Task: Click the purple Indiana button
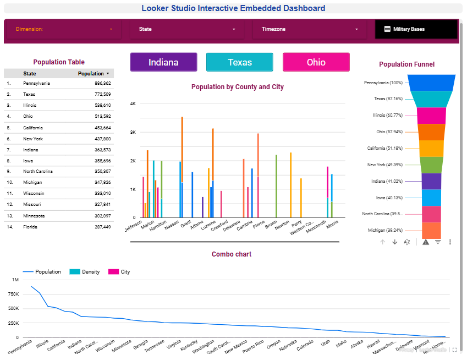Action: (163, 62)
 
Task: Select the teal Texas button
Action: (239, 62)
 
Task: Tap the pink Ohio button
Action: (316, 62)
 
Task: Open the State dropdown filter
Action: (187, 29)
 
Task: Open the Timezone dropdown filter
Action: (310, 29)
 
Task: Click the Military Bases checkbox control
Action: (387, 29)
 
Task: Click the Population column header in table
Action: (91, 73)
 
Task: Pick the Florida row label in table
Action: (31, 227)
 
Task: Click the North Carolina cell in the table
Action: (38, 172)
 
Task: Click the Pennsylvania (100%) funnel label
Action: (383, 83)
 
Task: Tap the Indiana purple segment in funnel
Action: (431, 181)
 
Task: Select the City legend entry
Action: (125, 272)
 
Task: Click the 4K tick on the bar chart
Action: (133, 103)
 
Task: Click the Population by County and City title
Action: (237, 87)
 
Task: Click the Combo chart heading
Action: (231, 254)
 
